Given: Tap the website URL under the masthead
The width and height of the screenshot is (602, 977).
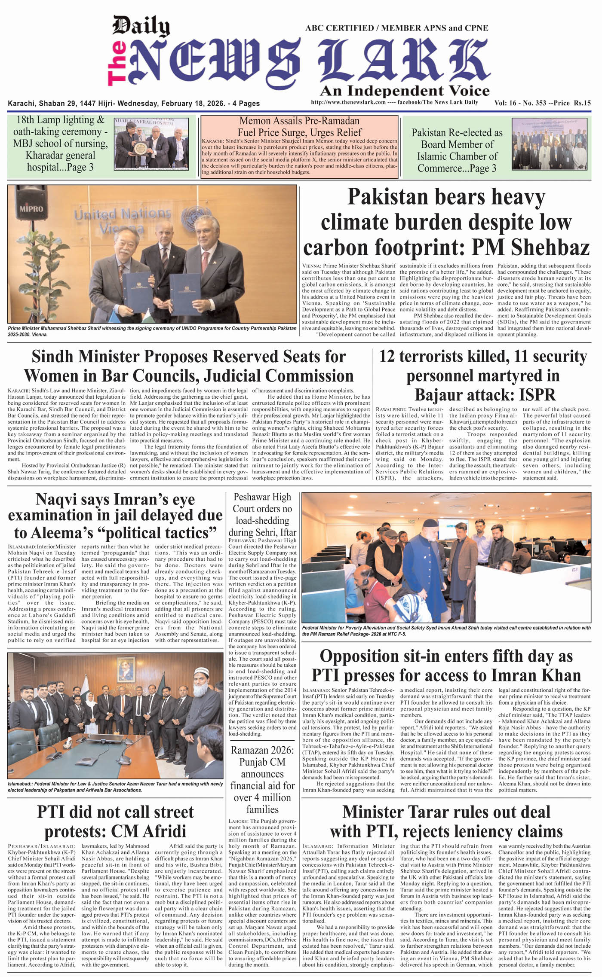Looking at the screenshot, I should [x=348, y=102].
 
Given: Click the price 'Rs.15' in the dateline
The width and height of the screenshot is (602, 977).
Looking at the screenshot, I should [x=582, y=103].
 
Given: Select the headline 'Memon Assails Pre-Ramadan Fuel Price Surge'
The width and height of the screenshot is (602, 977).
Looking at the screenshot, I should [x=299, y=126].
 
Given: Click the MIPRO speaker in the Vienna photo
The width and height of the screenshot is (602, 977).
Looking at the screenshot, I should [x=31, y=206].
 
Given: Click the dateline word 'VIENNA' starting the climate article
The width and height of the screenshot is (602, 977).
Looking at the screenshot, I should [x=311, y=266].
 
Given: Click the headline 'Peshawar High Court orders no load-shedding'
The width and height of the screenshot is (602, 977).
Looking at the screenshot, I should [x=262, y=515].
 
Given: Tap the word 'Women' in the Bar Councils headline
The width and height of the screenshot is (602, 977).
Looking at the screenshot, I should [x=49, y=376].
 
